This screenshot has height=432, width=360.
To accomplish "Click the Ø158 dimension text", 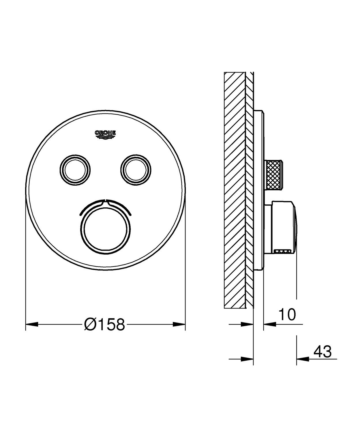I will (104, 324).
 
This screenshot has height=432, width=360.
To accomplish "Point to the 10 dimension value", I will (287, 314).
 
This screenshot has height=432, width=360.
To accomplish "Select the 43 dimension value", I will (322, 351).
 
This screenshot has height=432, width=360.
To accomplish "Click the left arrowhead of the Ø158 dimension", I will (32, 324).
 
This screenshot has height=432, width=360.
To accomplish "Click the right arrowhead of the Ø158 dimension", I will (179, 324).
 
